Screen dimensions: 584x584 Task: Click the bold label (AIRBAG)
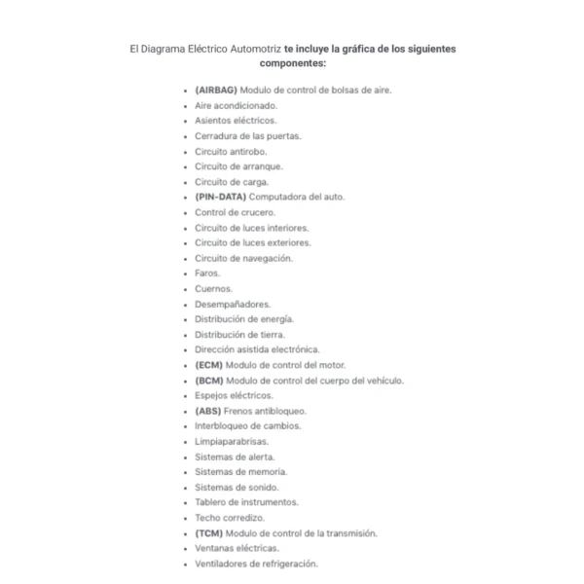point(215,90)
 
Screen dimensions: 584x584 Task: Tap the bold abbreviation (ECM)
point(208,365)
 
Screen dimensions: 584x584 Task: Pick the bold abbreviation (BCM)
point(208,381)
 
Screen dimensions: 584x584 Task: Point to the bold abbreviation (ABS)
point(208,411)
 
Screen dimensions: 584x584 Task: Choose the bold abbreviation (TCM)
point(208,533)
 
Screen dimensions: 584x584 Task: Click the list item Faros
point(207,274)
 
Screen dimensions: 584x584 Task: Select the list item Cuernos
point(213,289)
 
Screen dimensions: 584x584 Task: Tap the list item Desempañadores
point(233,304)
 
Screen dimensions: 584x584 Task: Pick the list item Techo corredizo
point(230,518)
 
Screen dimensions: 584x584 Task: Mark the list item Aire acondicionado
point(236,105)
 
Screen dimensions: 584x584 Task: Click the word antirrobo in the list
point(247,151)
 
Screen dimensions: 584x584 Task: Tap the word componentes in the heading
point(292,62)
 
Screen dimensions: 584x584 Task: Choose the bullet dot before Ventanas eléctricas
point(185,549)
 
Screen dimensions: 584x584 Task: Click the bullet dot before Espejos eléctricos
point(185,396)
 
